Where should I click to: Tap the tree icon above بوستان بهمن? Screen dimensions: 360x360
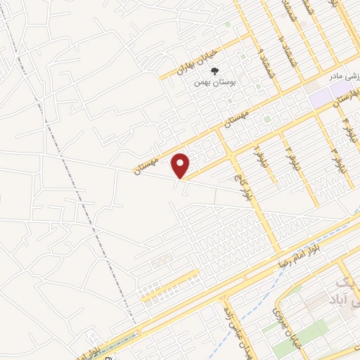pos(216,70)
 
